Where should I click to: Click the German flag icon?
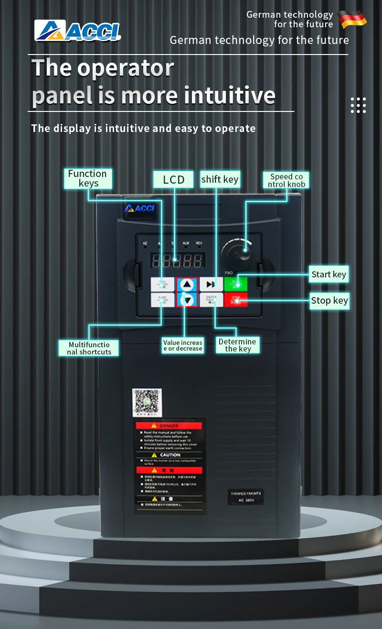click(352, 19)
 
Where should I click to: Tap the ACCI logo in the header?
click(78, 30)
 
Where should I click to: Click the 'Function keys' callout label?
click(88, 178)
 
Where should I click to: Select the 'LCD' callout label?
click(174, 179)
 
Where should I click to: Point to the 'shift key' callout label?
click(220, 179)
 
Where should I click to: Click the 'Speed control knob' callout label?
click(286, 180)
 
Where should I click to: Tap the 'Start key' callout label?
click(329, 274)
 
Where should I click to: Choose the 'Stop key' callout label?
click(329, 300)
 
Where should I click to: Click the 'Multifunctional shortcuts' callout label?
click(89, 348)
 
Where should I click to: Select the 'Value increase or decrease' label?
click(183, 345)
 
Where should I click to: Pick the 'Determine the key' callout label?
click(237, 345)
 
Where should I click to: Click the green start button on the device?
click(236, 284)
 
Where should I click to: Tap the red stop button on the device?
click(236, 300)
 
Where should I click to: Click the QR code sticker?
click(146, 401)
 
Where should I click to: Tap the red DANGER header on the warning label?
click(170, 425)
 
